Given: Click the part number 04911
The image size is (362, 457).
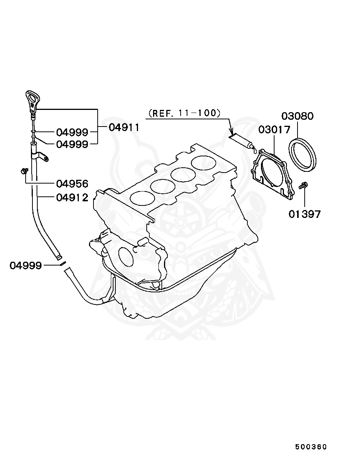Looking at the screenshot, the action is (x=124, y=127).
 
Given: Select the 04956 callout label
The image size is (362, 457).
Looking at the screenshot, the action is (x=72, y=184).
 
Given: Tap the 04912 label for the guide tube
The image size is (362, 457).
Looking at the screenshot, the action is (x=72, y=197).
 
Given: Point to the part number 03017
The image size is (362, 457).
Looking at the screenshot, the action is (x=274, y=130).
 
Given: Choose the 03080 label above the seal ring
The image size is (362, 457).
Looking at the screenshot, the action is (x=298, y=116).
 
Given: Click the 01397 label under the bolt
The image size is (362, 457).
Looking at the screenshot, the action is (x=305, y=214).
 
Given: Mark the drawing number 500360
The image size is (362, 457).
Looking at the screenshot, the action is (x=311, y=447).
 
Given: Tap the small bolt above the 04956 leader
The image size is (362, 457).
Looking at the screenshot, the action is (x=24, y=171).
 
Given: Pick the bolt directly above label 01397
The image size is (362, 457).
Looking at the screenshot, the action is (x=303, y=185).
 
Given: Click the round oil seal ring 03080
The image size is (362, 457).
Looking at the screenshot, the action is (x=303, y=155).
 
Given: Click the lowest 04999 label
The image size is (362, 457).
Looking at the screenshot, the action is (x=25, y=266).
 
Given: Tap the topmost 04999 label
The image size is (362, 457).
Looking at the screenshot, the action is (x=72, y=132).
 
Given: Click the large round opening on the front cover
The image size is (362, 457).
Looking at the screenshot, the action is (x=126, y=257).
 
